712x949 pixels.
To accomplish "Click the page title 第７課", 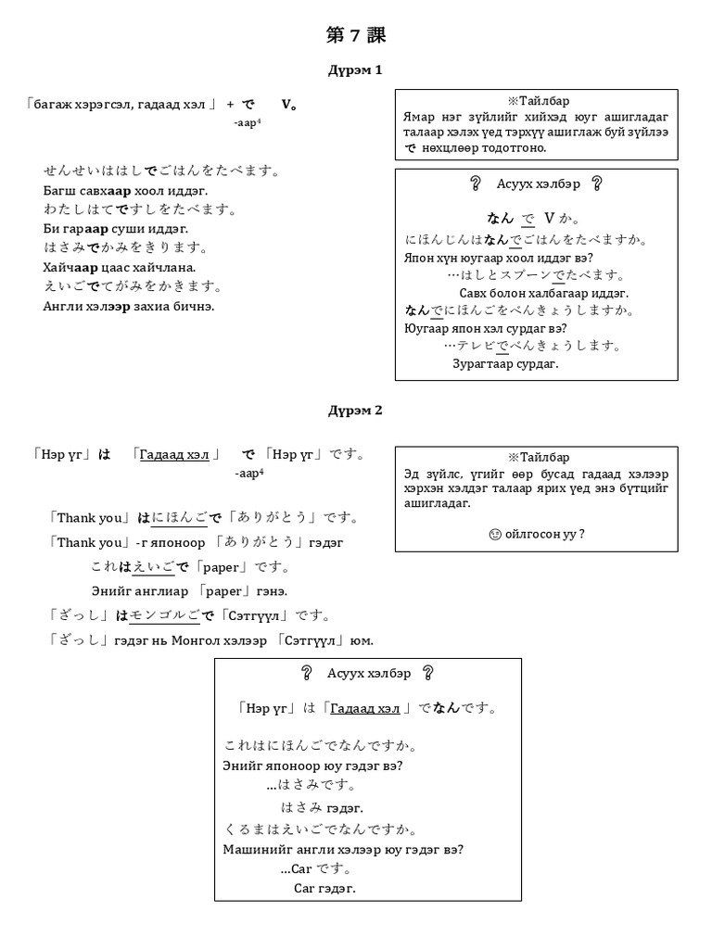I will tap(356, 36).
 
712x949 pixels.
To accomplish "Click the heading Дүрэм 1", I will tap(355, 70).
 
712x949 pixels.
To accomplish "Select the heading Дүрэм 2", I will tap(355, 411).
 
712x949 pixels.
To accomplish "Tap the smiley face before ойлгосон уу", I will tap(492, 534).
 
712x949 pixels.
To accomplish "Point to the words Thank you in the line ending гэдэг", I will tap(89, 542).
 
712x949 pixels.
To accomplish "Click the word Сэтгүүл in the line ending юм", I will tap(319, 640).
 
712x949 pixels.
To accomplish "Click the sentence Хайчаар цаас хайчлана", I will tap(120, 267).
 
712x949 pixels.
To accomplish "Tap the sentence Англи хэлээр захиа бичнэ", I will tap(129, 306).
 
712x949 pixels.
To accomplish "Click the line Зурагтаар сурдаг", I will tap(505, 363).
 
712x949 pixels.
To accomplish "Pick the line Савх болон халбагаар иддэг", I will tap(544, 293).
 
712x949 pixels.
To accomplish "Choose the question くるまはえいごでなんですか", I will tap(321, 829).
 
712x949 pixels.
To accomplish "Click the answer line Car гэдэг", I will tap(324, 888).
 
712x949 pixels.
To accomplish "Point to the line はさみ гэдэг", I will tap(322, 808).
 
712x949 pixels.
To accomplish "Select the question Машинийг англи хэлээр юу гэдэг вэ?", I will tap(343, 849).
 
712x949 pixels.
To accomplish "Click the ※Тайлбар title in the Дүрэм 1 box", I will tap(538, 101).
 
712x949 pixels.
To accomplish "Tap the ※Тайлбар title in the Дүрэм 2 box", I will tap(538, 458).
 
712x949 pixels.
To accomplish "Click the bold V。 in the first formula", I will tap(288, 104).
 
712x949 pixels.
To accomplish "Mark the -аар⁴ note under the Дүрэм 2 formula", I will tap(249, 473).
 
